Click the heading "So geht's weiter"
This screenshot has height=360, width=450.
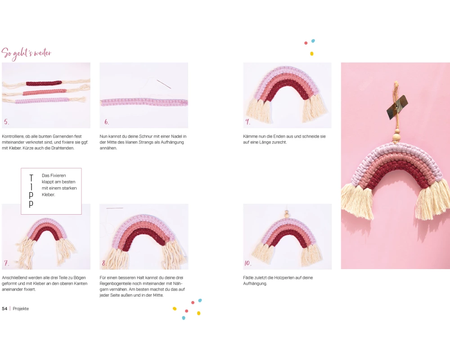27,54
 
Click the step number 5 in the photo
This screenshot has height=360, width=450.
6,121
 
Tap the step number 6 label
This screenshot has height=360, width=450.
107,121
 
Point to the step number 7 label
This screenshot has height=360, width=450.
6,263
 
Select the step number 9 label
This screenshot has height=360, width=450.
247,121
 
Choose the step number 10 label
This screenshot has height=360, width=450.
247,263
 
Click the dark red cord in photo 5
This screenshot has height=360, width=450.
44,83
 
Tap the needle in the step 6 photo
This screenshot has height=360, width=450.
164,84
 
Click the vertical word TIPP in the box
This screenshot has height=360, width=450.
31,191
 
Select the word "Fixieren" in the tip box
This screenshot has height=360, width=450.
58,175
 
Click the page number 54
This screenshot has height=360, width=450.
4,309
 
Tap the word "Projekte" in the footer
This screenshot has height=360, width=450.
21,309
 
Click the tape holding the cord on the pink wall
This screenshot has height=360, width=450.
397,107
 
